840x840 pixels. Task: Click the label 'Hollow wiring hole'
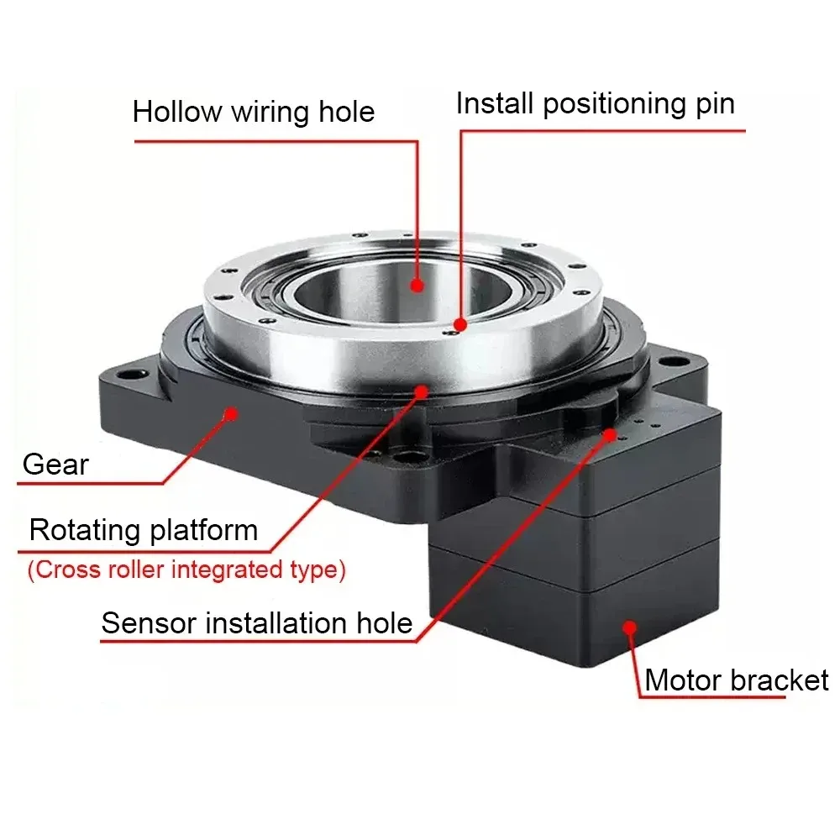pyautogui.click(x=253, y=112)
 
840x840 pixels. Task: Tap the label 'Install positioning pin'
pyautogui.click(x=595, y=104)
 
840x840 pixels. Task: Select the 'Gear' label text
pyautogui.click(x=55, y=464)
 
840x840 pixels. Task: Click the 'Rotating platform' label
pyautogui.click(x=143, y=531)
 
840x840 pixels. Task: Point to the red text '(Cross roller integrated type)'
pyautogui.click(x=186, y=570)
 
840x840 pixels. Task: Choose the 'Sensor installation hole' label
pyautogui.click(x=257, y=623)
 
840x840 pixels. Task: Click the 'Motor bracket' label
pyautogui.click(x=736, y=680)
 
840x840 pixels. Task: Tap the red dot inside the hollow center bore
pyautogui.click(x=417, y=285)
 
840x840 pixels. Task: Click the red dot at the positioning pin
pyautogui.click(x=459, y=323)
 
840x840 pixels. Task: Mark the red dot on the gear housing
pyautogui.click(x=230, y=412)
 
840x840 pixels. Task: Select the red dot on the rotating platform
pyautogui.click(x=421, y=390)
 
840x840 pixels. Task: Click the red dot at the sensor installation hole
pyautogui.click(x=611, y=433)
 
